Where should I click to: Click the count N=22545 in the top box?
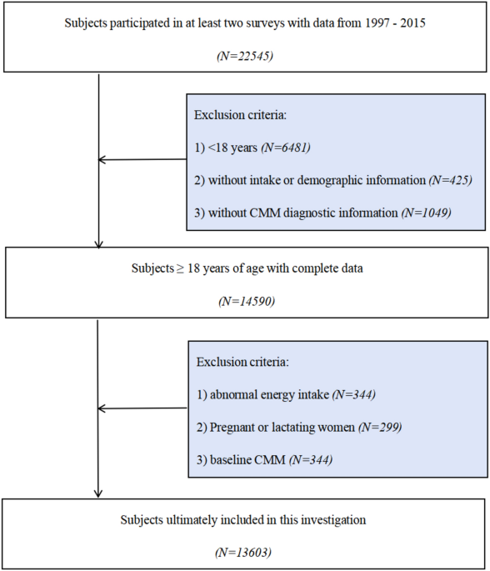pyautogui.click(x=245, y=56)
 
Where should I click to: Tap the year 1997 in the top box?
pyautogui.click(x=377, y=23)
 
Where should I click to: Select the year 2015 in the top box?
pyautogui.click(x=412, y=23)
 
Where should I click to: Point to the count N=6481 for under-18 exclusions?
pyautogui.click(x=286, y=148)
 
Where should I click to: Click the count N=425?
pyautogui.click(x=450, y=180)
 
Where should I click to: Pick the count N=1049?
pyautogui.click(x=427, y=213)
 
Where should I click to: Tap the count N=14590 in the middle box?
pyautogui.click(x=247, y=301)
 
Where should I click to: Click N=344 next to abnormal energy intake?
pyautogui.click(x=354, y=394)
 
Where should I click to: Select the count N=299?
pyautogui.click(x=380, y=427)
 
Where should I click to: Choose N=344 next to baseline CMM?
pyautogui.click(x=311, y=459)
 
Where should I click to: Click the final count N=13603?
pyautogui.click(x=243, y=553)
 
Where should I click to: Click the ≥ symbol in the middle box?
pyautogui.click(x=181, y=268)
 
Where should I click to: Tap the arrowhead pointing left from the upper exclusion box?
pyautogui.click(x=102, y=159)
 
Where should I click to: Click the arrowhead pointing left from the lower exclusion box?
pyautogui.click(x=102, y=408)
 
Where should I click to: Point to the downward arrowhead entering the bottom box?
pyautogui.click(x=98, y=493)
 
